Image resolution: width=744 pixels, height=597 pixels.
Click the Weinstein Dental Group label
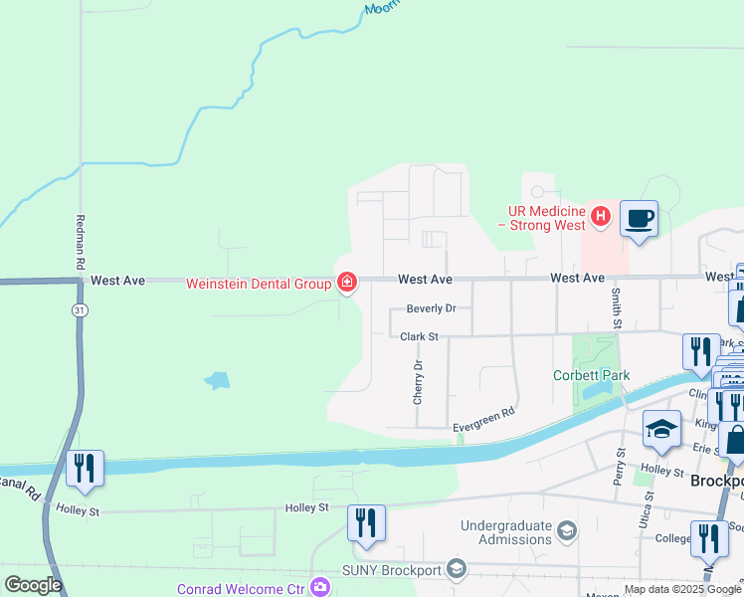point(259,284)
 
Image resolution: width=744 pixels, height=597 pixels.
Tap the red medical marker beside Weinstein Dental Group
point(346,284)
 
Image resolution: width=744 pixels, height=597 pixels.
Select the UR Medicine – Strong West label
point(547,218)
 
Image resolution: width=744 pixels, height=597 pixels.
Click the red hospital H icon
point(600,215)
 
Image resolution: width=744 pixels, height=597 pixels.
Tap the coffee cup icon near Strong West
point(639,217)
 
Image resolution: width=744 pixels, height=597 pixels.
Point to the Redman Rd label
point(80,243)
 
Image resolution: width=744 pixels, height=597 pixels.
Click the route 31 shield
point(78,310)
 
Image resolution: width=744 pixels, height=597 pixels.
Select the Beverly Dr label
point(431,308)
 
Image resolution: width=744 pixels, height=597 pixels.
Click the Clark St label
point(419,337)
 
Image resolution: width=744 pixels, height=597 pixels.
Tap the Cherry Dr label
point(419,382)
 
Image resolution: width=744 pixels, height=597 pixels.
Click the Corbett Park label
point(592,375)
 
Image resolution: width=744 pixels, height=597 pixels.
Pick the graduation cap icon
point(661,429)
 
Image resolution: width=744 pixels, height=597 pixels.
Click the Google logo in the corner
point(33,584)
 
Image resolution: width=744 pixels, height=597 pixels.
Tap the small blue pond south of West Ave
point(216,380)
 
